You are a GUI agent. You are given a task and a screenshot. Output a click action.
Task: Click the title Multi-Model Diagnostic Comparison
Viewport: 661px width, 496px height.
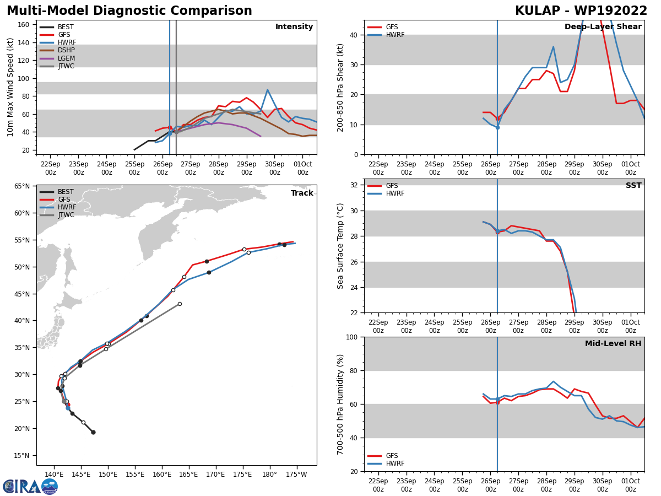point(129,11)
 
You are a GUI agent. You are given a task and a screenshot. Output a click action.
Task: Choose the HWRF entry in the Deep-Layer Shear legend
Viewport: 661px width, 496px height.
point(394,35)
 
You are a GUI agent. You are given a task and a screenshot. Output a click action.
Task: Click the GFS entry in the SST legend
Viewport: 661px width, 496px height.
point(392,186)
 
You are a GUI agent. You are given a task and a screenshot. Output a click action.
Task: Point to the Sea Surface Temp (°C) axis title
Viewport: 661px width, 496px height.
point(340,246)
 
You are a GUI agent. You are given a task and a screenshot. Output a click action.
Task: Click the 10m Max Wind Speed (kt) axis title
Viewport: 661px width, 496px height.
point(10,87)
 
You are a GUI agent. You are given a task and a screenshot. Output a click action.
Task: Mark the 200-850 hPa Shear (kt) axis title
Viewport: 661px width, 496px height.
point(340,87)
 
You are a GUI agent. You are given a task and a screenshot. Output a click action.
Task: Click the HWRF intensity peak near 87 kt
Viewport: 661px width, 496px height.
point(268,90)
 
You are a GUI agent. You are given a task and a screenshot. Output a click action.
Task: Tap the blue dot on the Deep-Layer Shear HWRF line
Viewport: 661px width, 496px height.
point(497,127)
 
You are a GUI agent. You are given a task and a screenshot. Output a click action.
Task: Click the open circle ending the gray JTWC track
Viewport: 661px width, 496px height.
point(180,304)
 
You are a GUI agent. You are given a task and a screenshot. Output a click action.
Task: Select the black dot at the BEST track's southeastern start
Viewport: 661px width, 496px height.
point(93,432)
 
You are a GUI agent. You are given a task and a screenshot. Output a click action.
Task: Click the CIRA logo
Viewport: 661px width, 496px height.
point(30,486)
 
